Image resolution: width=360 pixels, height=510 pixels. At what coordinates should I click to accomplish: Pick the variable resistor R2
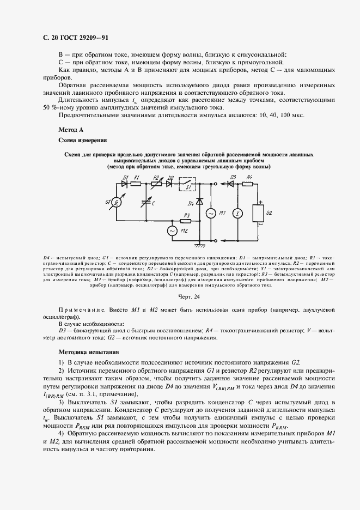pos(156,184)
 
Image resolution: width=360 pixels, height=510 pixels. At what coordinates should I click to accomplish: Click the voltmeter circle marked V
pos(237,212)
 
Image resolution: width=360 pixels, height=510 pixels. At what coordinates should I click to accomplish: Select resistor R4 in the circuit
pos(248,184)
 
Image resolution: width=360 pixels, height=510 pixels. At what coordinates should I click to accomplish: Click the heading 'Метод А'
pos(70,130)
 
